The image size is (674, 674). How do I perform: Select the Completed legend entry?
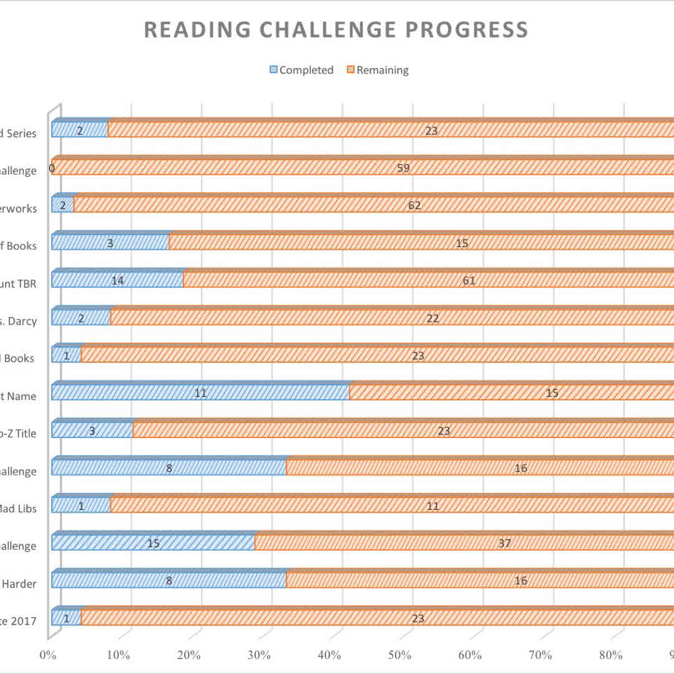point(301,70)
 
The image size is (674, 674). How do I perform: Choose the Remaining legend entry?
point(378,70)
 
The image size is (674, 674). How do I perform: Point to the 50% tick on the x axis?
point(400,655)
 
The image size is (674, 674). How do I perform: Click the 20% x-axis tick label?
point(189,655)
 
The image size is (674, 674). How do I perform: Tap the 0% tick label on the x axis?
point(48,655)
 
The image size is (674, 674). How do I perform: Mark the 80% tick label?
point(611,655)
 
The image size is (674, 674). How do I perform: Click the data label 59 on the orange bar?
point(403,168)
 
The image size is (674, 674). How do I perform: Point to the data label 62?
point(414,205)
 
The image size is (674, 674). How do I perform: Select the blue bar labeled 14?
point(117,280)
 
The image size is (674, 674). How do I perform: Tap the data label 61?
point(469,280)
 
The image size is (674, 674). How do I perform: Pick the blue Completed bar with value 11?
point(200,393)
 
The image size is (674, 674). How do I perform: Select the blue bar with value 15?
point(153,543)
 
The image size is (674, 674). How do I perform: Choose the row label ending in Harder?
point(19,584)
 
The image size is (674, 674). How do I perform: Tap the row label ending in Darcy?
point(18,321)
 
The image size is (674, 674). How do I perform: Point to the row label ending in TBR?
point(18,284)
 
